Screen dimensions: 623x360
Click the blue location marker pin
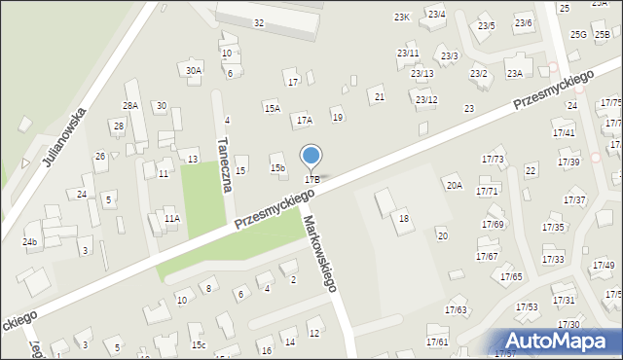[x=311, y=157]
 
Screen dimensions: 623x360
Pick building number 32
[x=258, y=22]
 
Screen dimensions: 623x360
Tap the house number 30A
[x=194, y=70]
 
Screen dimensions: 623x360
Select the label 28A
[x=130, y=105]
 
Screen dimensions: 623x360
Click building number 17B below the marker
[x=312, y=179]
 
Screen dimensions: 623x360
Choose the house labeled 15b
[x=277, y=168]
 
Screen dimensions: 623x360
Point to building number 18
[x=403, y=219]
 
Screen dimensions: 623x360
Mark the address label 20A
[x=454, y=185]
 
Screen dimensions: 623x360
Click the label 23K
[x=402, y=18]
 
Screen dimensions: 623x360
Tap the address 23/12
[x=426, y=100]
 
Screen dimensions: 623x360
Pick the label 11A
[x=171, y=219]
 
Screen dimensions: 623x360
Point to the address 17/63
[x=456, y=310]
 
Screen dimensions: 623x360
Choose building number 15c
[x=199, y=345]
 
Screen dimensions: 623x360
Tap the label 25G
[x=578, y=35]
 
